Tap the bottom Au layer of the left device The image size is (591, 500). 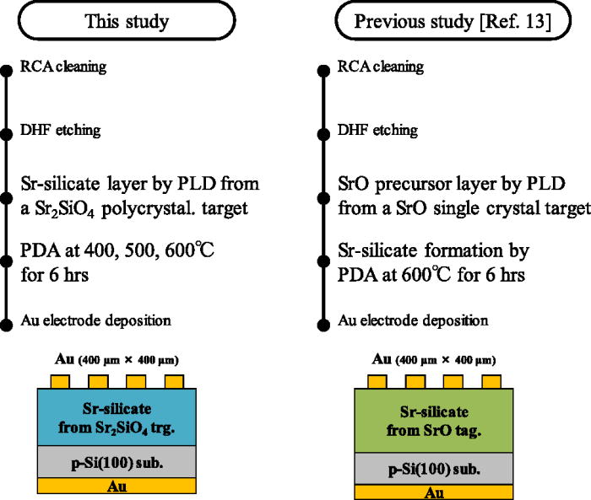pyautogui.click(x=117, y=487)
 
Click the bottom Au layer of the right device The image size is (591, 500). pyautogui.click(x=433, y=492)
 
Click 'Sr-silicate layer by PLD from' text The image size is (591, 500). pyautogui.click(x=139, y=184)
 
